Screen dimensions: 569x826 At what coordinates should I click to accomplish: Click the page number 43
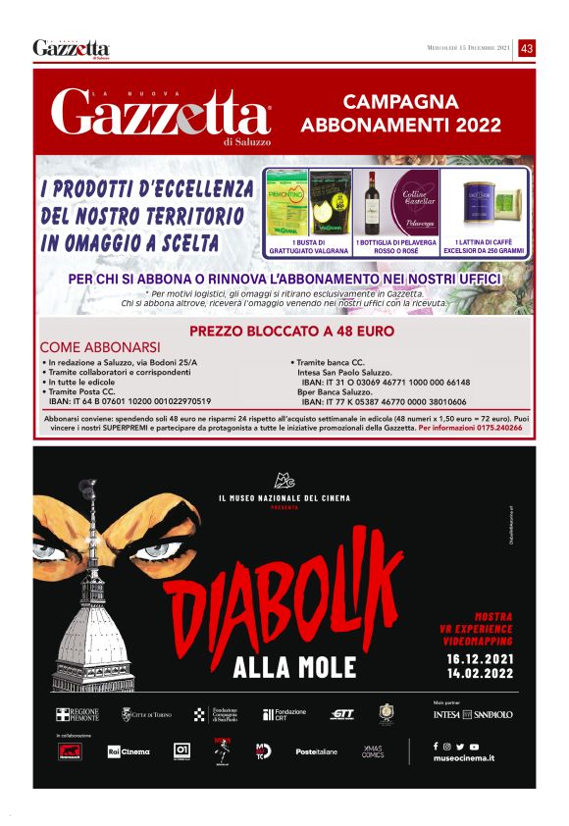[527, 48]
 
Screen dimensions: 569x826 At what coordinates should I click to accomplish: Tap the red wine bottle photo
[371, 203]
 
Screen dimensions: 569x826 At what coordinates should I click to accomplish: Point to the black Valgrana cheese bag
[331, 203]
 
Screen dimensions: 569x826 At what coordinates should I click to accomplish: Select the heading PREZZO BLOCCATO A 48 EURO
[291, 332]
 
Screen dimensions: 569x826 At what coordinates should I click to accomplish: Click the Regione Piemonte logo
[78, 715]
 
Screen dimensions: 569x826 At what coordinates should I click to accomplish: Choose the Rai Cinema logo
[129, 751]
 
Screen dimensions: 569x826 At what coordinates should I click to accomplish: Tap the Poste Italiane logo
[316, 751]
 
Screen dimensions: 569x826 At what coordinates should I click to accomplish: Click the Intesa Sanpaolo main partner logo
[473, 715]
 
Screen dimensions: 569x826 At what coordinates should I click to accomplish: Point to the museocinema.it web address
[464, 758]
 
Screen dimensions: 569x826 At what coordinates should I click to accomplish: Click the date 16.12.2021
[479, 658]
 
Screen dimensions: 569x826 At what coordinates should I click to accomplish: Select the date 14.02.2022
[479, 674]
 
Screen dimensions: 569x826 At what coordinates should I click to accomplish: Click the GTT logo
[342, 714]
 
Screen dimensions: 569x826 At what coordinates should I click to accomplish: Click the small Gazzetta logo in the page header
[71, 48]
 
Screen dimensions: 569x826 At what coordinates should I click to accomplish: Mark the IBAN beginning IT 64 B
[129, 401]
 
